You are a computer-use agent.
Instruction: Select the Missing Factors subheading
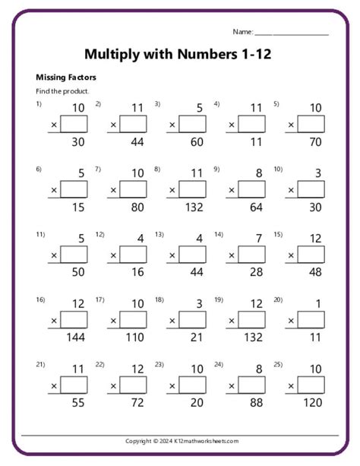point(66,78)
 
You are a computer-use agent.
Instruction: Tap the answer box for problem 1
point(74,124)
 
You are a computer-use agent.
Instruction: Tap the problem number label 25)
point(278,365)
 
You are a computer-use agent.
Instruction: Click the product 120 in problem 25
point(311,403)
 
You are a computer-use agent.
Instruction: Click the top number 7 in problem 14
point(258,239)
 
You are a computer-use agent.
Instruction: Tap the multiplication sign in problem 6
point(54,190)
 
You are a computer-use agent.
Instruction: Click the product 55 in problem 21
point(77,403)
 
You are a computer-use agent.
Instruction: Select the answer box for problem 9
point(251,189)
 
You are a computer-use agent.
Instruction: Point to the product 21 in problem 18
point(196,338)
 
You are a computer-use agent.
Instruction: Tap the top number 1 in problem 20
point(317,304)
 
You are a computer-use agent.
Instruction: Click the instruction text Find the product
point(62,91)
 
